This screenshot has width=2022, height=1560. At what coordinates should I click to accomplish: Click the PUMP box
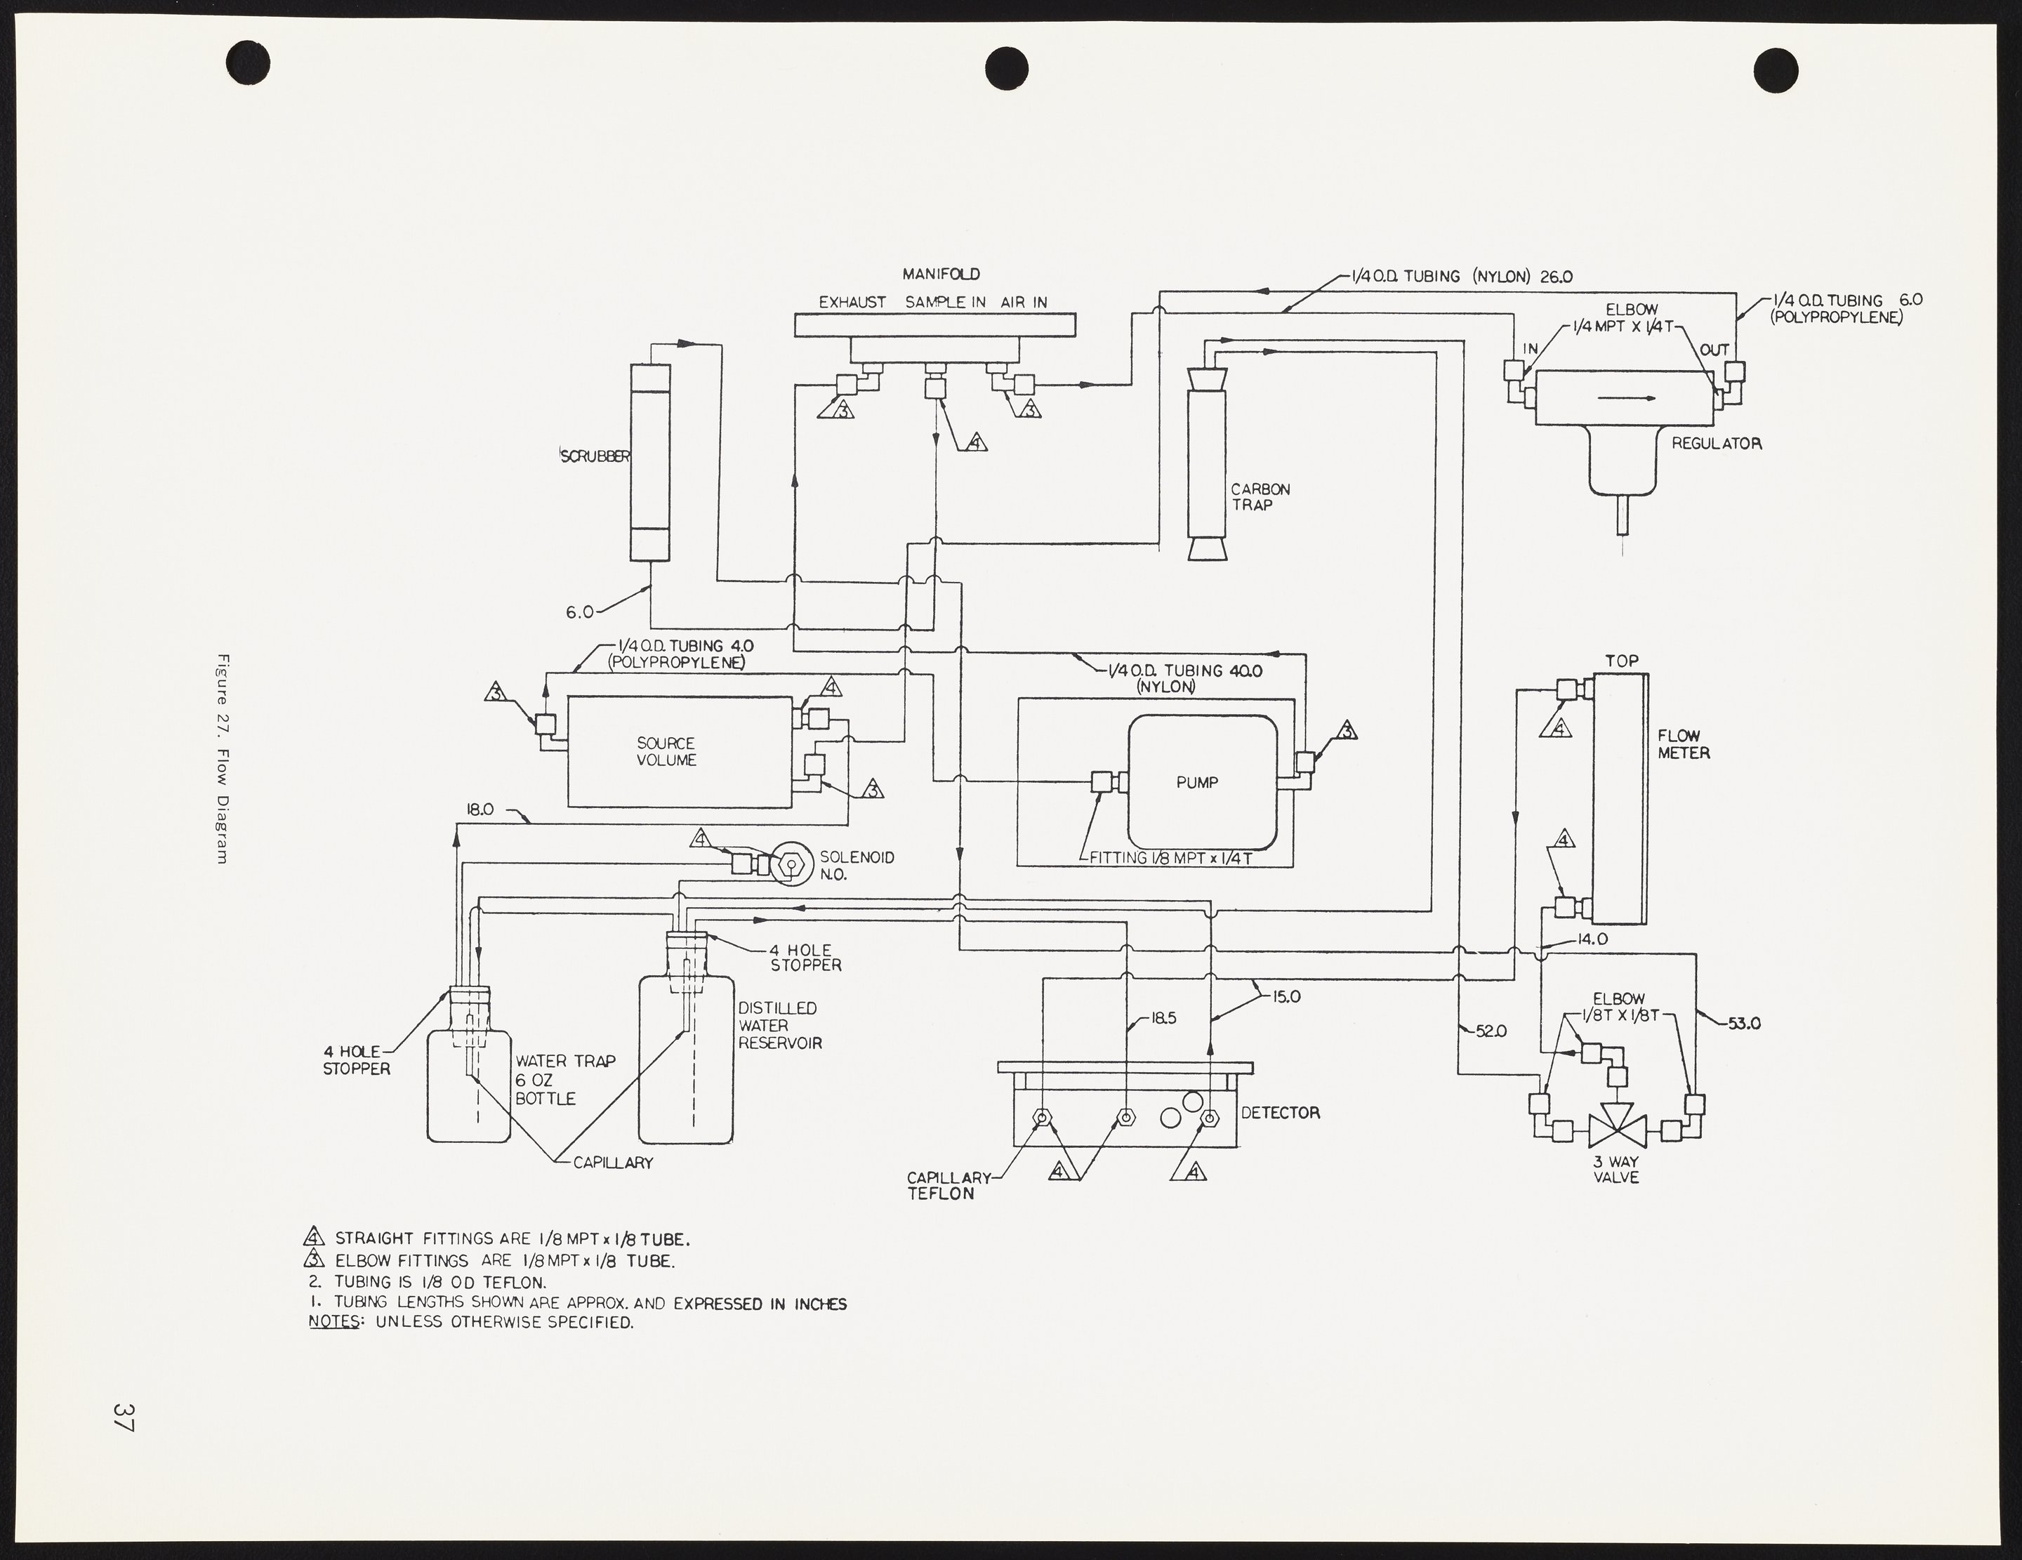(x=1202, y=782)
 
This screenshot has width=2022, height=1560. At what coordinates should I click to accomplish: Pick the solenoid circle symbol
(x=791, y=864)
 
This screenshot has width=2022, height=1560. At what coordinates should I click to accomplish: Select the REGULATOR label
(x=1716, y=444)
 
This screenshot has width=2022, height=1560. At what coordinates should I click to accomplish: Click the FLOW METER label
(x=1683, y=744)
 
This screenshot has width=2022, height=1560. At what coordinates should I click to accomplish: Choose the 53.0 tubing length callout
(x=1743, y=1024)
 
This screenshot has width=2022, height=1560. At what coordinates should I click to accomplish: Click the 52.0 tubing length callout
(x=1488, y=1031)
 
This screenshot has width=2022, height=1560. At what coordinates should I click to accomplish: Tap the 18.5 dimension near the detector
(x=1163, y=1019)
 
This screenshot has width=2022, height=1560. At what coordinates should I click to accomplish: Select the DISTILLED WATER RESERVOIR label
(x=779, y=1025)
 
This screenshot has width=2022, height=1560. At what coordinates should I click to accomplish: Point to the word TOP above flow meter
(x=1621, y=661)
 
